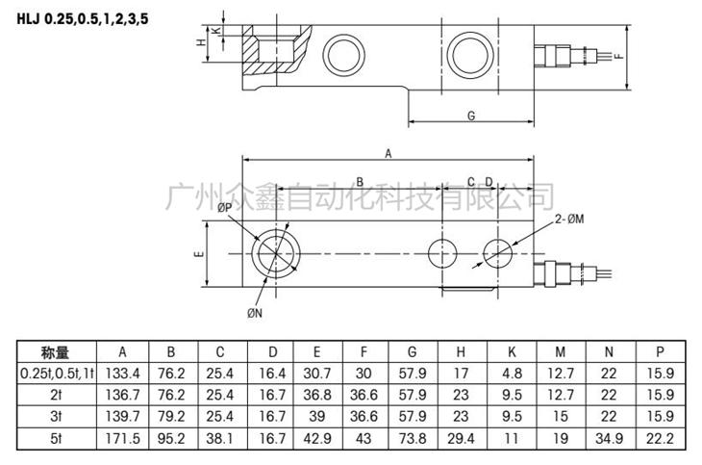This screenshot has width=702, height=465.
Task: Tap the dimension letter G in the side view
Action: point(471,116)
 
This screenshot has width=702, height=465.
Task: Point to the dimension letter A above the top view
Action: point(388,152)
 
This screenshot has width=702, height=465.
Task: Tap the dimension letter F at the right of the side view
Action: point(619,56)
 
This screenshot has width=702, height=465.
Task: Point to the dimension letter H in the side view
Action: point(200,42)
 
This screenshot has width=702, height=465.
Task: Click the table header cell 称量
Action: point(55,352)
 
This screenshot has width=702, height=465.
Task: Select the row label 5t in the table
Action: point(55,438)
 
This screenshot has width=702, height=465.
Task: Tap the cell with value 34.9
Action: point(606,438)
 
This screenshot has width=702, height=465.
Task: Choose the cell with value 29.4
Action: point(462,438)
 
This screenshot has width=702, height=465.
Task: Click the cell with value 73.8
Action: point(413,438)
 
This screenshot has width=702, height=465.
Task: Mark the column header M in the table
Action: point(559,352)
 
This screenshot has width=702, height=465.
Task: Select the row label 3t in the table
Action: point(55,417)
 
